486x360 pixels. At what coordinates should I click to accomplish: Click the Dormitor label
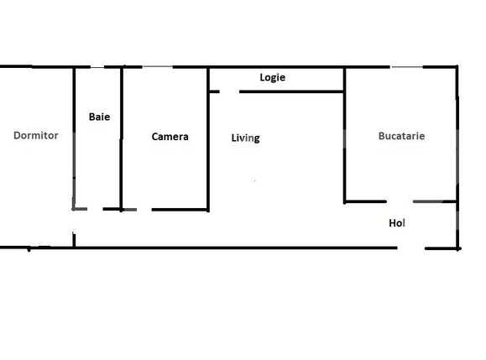[x=36, y=135]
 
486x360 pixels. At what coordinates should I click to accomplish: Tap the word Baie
[x=99, y=117]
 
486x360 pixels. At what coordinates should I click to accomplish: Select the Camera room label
[x=170, y=137]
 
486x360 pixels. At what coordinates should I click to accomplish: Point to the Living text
[x=245, y=138]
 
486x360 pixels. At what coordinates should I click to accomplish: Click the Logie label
[x=273, y=78]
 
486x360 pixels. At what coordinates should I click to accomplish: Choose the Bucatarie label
[x=401, y=136]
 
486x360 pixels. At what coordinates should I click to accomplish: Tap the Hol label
[x=397, y=223]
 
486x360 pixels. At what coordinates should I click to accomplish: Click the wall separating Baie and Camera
[x=123, y=138]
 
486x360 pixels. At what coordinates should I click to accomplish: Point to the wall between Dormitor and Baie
[x=74, y=138]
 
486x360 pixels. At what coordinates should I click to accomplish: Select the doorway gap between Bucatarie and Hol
[x=400, y=201]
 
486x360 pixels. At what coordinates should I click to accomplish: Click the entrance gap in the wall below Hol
[x=411, y=248]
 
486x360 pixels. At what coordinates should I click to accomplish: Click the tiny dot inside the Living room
[x=255, y=180]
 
